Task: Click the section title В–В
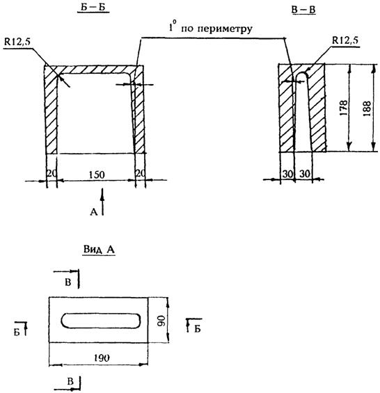point(303,10)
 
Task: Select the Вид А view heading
point(99,250)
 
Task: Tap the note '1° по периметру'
point(210,28)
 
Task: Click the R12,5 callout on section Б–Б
point(17,42)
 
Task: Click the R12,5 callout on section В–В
point(345,40)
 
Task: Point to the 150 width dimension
point(97,175)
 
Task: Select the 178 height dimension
point(344,108)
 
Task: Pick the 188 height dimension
point(367,109)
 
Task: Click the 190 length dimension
point(102,358)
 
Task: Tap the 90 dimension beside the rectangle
point(161,321)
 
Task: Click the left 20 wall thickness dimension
point(52,173)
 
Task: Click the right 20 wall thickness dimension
point(141,173)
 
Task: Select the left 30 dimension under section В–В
point(287,174)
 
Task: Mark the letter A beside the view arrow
point(93,212)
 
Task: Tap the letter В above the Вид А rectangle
point(68,282)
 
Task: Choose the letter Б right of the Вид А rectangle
point(198,329)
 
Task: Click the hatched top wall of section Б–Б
point(94,70)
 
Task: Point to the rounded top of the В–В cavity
point(301,72)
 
